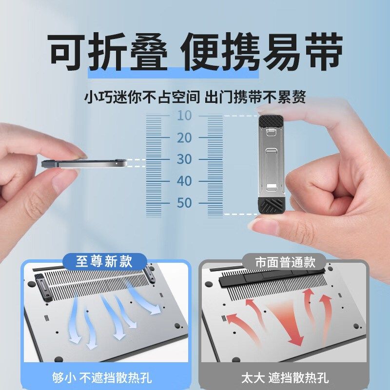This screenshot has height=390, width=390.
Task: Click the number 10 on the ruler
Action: tap(184, 116)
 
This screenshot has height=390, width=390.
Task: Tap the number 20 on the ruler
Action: tap(184, 138)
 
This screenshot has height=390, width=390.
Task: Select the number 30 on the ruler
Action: tap(184, 159)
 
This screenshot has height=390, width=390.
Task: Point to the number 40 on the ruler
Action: tap(184, 181)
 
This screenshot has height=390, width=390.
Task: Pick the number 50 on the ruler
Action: tap(184, 203)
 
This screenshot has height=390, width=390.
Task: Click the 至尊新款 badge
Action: tap(104, 261)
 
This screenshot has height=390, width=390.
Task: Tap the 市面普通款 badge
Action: tap(285, 262)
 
